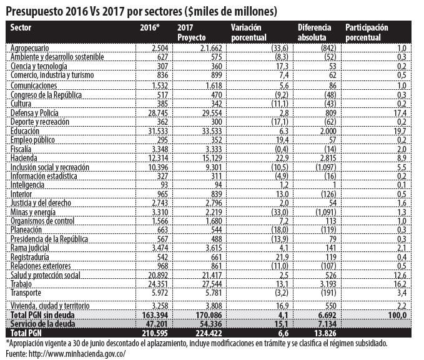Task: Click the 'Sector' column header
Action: point(21,27)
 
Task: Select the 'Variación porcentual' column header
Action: point(249,32)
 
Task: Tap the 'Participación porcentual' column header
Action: point(367,32)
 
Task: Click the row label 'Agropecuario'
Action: point(30,48)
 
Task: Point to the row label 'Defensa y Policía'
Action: point(34,113)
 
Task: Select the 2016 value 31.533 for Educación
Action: point(158,131)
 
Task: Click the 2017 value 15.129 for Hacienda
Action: point(212,158)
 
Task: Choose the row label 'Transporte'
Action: point(26,293)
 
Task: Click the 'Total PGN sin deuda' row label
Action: point(42,315)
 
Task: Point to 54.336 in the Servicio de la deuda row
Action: point(210,324)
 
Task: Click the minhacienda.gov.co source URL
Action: point(77,354)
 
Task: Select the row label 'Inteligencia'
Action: point(27,185)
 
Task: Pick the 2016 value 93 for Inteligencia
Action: point(164,185)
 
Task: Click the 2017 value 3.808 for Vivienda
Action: point(214,306)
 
